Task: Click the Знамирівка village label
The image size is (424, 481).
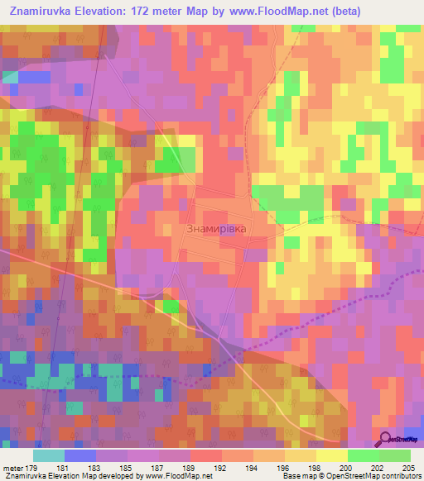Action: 216,228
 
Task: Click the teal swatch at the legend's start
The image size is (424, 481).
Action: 49,455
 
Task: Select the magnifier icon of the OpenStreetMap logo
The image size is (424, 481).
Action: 386,439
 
